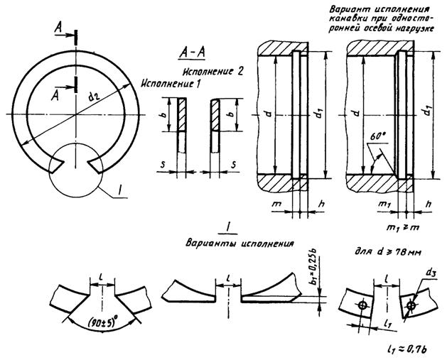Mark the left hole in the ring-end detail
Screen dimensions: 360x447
[362, 306]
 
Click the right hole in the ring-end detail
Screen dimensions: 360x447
[411, 307]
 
